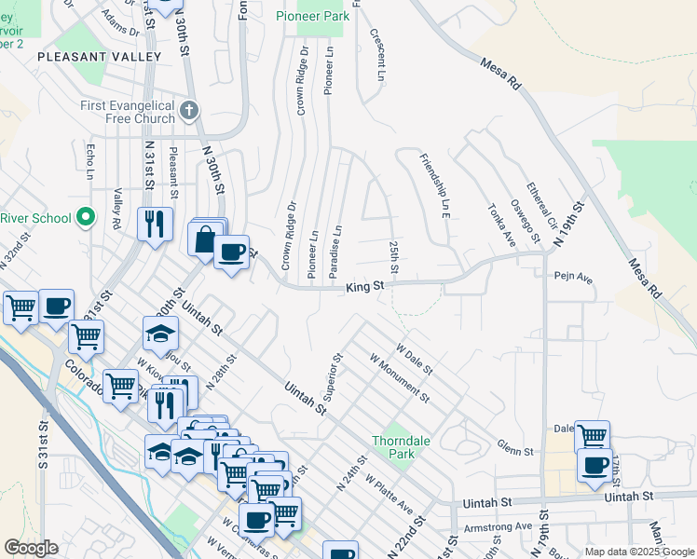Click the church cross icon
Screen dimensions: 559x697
(x=189, y=111)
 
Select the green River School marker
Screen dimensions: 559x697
(x=86, y=217)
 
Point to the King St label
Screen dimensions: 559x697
(x=365, y=288)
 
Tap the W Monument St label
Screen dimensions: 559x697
(x=399, y=377)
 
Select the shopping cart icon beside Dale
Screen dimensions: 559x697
(x=592, y=434)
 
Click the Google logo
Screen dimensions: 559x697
(x=31, y=547)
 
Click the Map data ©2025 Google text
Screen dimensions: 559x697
(x=638, y=552)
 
